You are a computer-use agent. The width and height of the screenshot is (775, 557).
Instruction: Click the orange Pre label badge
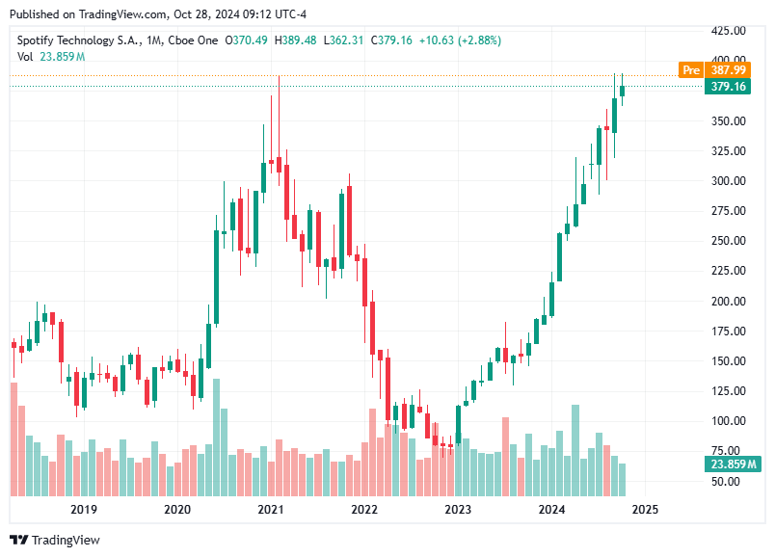690,70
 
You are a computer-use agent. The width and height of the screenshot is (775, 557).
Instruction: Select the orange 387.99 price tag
728,70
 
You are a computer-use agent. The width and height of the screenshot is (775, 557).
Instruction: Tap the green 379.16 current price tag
728,87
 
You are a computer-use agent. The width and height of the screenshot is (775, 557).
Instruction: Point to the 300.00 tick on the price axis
728,181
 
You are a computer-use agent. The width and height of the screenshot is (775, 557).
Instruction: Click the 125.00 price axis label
728,391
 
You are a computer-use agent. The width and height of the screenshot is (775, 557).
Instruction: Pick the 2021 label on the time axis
270,509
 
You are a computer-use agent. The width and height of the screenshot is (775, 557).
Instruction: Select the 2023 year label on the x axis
458,509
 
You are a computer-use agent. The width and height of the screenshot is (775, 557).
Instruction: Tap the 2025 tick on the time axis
645,509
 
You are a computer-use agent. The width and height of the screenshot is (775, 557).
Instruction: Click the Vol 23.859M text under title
51,57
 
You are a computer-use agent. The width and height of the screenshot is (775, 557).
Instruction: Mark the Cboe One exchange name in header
192,40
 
